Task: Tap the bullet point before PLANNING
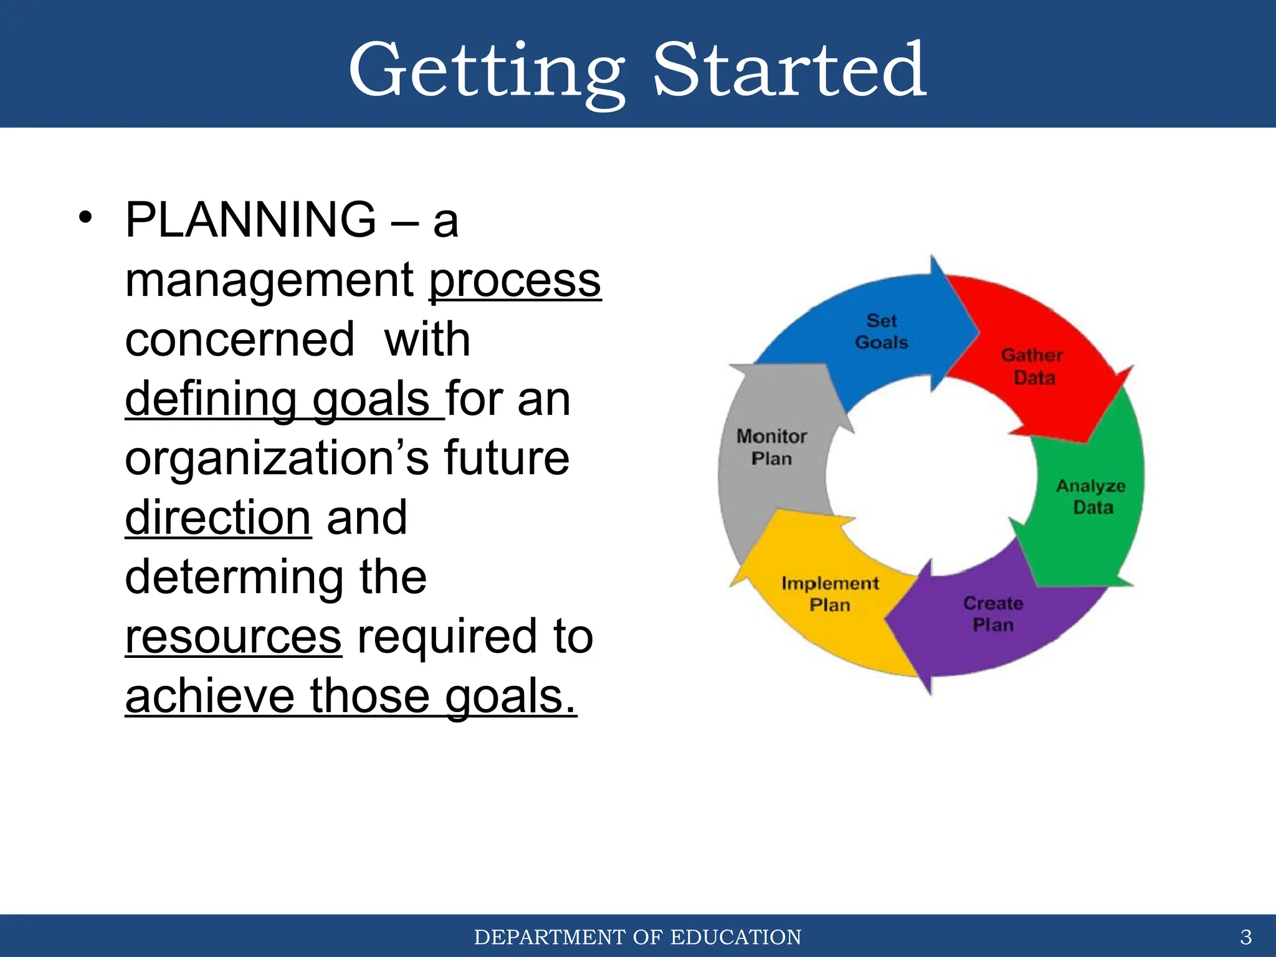pos(85,218)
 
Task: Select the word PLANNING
pos(250,220)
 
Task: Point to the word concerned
pos(240,340)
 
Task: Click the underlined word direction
pos(218,518)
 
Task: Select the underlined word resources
pos(233,637)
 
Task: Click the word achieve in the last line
pos(209,697)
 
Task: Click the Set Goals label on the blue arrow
pos(882,331)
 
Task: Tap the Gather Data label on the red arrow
pos(1032,366)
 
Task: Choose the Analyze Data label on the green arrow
pos(1091,497)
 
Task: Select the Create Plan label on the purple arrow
pos(993,614)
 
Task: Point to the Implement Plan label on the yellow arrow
pos(830,594)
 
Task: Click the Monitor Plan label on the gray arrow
pos(771,447)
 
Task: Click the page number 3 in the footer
pos(1245,937)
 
